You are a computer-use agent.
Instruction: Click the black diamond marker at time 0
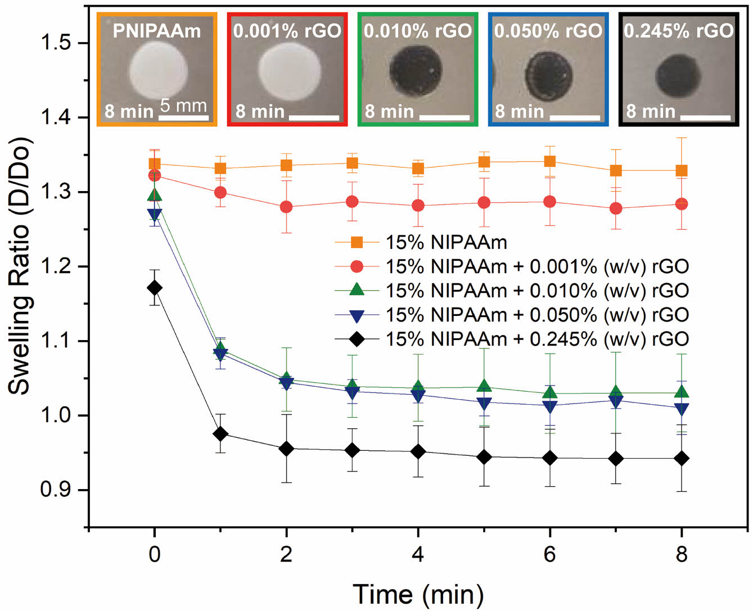pyautogui.click(x=155, y=288)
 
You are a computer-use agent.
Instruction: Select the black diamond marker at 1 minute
pyautogui.click(x=220, y=434)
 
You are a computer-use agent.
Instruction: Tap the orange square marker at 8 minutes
pyautogui.click(x=682, y=171)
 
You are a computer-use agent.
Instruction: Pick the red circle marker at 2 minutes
pyautogui.click(x=286, y=207)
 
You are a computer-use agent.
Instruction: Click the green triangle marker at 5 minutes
pyautogui.click(x=484, y=387)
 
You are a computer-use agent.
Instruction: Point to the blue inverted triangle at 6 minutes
pyautogui.click(x=549, y=406)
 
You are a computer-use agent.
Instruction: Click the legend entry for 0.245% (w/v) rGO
pyautogui.click(x=537, y=339)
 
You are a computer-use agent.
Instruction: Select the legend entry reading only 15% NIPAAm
pyautogui.click(x=446, y=242)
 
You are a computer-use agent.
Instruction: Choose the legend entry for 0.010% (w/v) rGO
pyautogui.click(x=537, y=291)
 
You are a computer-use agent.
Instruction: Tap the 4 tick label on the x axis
pyautogui.click(x=418, y=554)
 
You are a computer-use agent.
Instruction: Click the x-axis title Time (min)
pyautogui.click(x=418, y=594)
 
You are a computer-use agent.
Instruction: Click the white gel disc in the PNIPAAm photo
pyautogui.click(x=159, y=71)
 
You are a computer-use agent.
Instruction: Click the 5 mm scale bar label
pyautogui.click(x=183, y=105)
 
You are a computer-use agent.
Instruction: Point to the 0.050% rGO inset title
pyautogui.click(x=548, y=31)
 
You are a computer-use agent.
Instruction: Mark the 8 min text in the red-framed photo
pyautogui.click(x=260, y=111)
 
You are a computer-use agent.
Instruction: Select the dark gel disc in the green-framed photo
pyautogui.click(x=416, y=71)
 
